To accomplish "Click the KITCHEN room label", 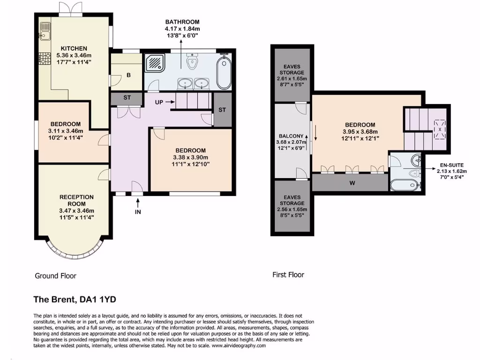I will pyautogui.click(x=74, y=48).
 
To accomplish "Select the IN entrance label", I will pyautogui.click(x=138, y=211).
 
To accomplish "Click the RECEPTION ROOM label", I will pyautogui.click(x=76, y=200).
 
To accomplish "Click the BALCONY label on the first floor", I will pyautogui.click(x=291, y=136).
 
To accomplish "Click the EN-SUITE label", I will pyautogui.click(x=454, y=165).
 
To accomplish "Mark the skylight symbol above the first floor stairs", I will pyautogui.click(x=440, y=127).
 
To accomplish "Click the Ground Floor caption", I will pyautogui.click(x=55, y=276).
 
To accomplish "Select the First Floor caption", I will pyautogui.click(x=288, y=275).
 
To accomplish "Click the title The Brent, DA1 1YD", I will pyautogui.click(x=78, y=299).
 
